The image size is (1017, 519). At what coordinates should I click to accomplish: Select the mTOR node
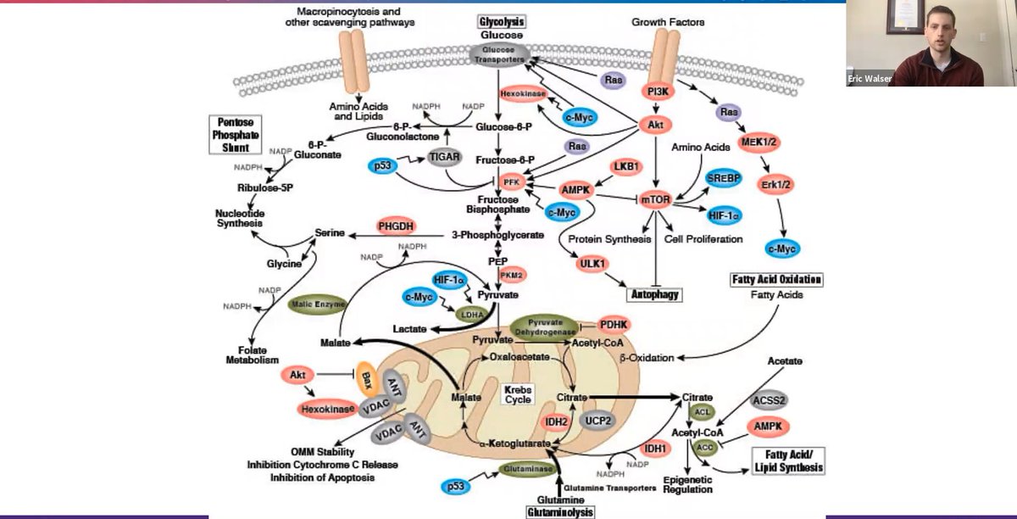point(655,200)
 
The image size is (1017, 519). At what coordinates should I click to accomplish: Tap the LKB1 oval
point(628,166)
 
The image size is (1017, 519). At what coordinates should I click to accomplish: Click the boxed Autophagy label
point(654,294)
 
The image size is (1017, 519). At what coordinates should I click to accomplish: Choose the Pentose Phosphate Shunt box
point(233,134)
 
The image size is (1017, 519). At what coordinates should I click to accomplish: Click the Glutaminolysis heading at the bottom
point(559,511)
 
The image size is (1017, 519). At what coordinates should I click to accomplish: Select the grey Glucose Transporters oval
point(500,53)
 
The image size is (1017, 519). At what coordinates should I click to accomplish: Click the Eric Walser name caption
point(870,81)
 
